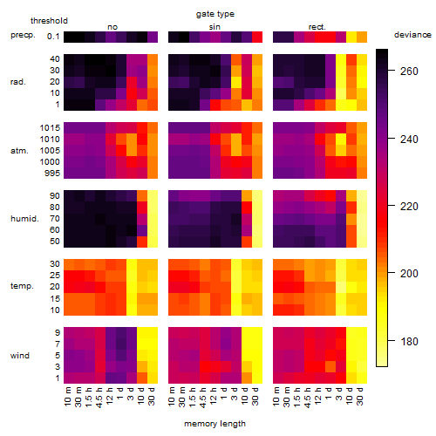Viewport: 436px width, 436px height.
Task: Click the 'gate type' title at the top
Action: tap(215, 14)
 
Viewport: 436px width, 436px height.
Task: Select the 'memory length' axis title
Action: tap(215, 424)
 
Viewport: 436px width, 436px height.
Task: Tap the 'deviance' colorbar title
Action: tap(412, 35)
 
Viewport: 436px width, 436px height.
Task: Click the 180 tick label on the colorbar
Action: tap(409, 341)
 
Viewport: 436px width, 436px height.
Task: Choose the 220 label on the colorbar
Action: tap(409, 207)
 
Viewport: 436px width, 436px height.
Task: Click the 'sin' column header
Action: tap(215, 27)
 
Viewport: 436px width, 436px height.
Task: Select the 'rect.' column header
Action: tap(317, 27)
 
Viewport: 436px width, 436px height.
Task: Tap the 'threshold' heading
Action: tap(49, 21)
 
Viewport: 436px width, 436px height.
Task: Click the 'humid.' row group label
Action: tap(24, 219)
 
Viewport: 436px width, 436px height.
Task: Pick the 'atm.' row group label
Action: tap(19, 151)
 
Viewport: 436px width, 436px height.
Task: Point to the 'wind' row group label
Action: tap(20, 356)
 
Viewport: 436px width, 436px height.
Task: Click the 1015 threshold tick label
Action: tap(50, 128)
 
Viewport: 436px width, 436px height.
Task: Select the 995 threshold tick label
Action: tap(52, 174)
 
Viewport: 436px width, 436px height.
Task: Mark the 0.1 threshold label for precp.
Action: tap(53, 37)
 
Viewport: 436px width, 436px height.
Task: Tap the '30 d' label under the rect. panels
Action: tap(360, 396)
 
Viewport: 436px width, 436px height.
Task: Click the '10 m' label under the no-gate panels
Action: tap(67, 396)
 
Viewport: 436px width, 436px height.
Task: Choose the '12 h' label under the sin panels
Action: tap(214, 396)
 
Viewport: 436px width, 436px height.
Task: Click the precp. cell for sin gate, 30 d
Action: tap(257, 37)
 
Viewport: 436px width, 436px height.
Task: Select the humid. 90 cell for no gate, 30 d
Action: tap(153, 196)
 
